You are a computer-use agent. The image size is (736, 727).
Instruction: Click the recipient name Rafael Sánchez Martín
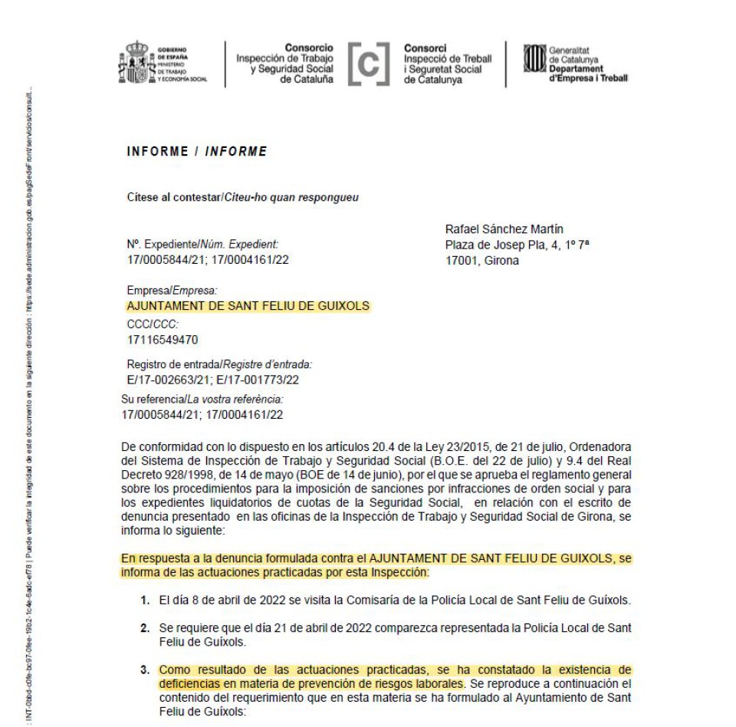504,229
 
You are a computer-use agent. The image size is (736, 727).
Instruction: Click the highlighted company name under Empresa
248,306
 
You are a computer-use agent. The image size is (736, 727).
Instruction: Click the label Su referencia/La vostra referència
203,400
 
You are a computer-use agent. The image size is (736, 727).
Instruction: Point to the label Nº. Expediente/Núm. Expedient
202,245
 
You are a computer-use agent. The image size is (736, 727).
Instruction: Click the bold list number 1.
144,599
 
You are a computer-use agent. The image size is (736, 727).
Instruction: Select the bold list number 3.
144,669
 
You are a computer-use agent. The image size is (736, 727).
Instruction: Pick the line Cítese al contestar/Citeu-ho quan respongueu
243,197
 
